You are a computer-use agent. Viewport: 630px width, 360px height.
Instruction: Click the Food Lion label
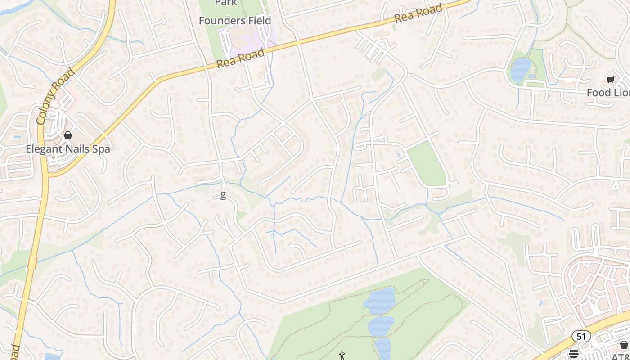(607, 93)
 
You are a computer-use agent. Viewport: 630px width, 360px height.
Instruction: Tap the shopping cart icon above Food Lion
(610, 80)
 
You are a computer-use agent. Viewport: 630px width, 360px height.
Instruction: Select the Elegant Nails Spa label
(68, 149)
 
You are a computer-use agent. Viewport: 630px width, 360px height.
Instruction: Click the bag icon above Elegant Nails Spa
(68, 135)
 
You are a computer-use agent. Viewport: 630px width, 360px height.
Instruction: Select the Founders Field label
(235, 21)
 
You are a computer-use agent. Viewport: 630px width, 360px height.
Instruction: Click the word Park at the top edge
(226, 3)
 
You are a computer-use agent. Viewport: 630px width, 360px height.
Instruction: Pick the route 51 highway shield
(581, 336)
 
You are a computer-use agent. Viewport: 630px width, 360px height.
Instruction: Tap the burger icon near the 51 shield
(574, 354)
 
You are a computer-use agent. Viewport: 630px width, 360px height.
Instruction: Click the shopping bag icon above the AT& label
(624, 345)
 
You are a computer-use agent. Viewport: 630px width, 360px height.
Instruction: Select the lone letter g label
(223, 195)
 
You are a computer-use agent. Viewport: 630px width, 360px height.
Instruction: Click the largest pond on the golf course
(379, 301)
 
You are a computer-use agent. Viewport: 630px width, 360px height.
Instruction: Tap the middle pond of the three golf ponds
(381, 326)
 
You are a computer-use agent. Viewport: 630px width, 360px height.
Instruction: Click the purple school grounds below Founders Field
(245, 43)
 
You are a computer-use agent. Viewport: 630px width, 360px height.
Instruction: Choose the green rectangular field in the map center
(426, 164)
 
